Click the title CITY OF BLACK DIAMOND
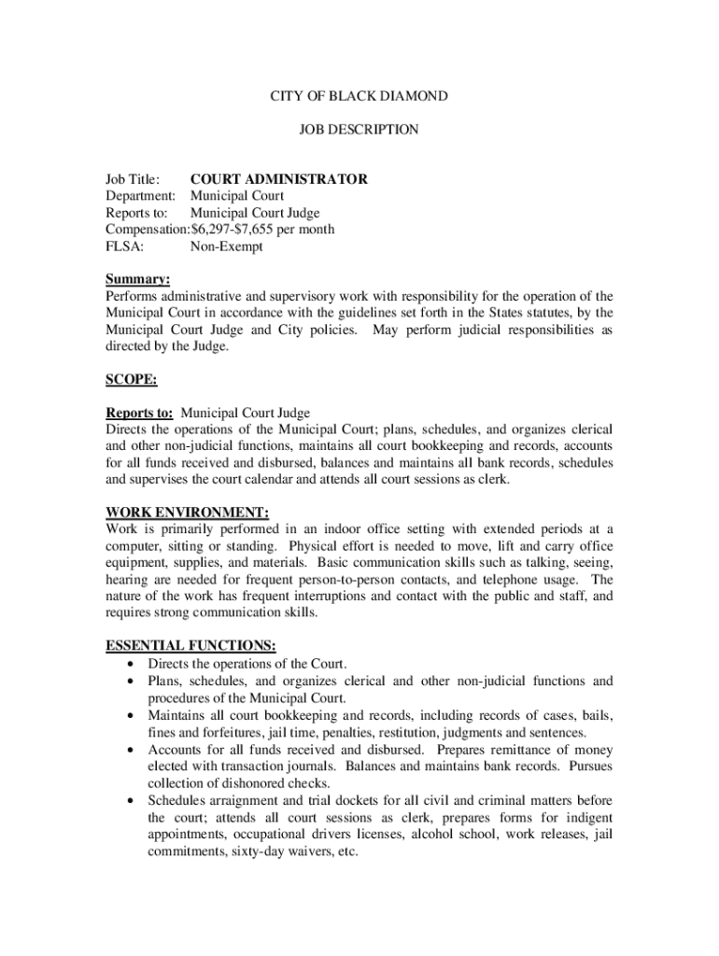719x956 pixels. [359, 96]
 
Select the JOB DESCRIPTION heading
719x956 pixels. [359, 130]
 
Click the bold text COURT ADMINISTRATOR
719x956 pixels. [278, 179]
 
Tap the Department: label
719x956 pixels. [140, 196]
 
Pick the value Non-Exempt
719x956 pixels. [227, 246]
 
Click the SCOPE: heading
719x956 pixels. [132, 380]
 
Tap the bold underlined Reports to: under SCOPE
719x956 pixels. [139, 414]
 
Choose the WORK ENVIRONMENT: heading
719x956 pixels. [188, 513]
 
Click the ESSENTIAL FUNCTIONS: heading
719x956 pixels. [190, 646]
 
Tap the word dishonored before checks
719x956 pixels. [255, 783]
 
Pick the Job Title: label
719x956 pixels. [133, 179]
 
